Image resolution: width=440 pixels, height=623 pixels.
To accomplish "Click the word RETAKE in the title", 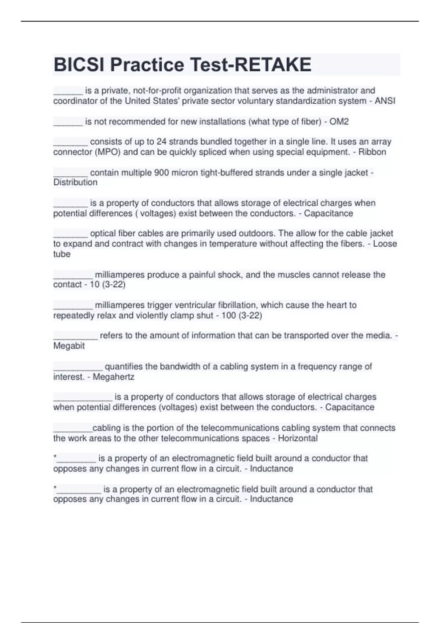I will [x=272, y=64].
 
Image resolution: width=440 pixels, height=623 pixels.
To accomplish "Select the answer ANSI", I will [x=385, y=101].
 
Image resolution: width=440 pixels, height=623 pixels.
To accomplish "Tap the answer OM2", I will [x=339, y=122].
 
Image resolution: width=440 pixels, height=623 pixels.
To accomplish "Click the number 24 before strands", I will [x=161, y=142].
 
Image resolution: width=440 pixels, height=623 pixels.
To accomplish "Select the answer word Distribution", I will [x=75, y=183].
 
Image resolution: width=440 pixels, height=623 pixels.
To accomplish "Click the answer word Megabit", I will [x=69, y=346].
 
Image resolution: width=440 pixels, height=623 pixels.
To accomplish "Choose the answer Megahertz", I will [x=113, y=377].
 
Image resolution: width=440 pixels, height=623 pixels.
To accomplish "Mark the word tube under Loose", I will [x=62, y=254].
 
